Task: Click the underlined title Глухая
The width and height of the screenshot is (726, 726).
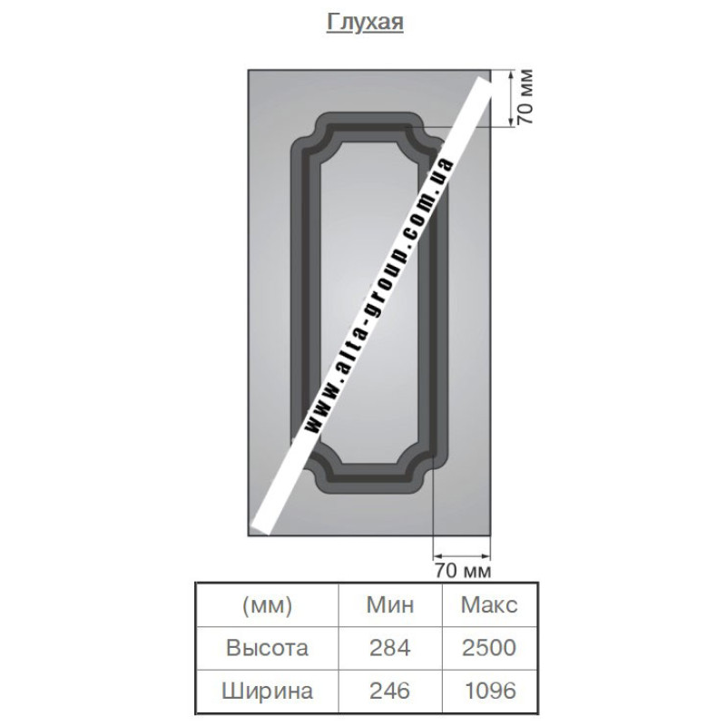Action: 365,22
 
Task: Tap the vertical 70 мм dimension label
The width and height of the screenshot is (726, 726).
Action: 525,97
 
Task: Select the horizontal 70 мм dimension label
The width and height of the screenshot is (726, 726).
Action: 463,571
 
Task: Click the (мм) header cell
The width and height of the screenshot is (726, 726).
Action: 267,605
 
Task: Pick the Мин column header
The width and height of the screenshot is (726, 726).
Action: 390,604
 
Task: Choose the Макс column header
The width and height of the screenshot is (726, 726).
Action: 489,604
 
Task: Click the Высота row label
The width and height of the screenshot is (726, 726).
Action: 267,648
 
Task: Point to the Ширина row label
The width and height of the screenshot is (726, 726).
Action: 267,691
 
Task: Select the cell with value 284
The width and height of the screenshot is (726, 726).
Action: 390,648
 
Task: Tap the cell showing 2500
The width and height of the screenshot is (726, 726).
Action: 489,648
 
